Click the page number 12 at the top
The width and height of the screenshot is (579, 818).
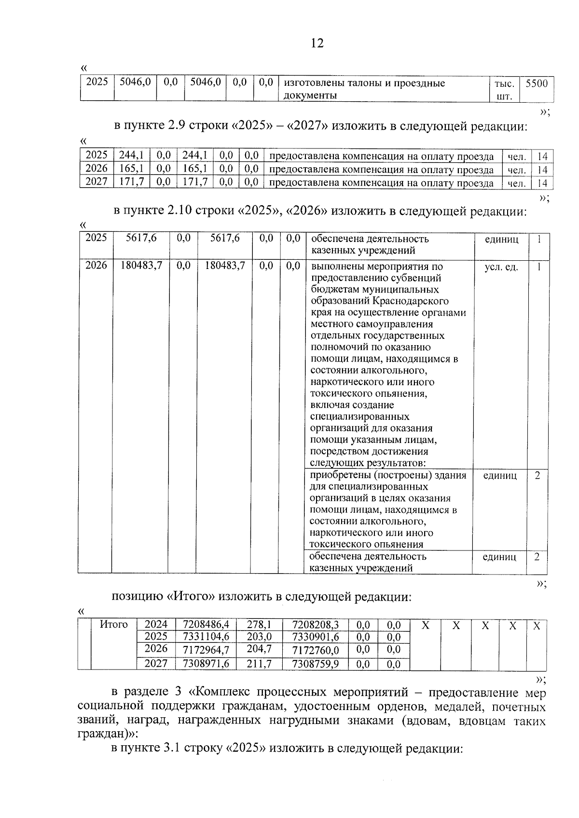(x=317, y=43)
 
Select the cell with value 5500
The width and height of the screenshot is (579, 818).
(x=537, y=83)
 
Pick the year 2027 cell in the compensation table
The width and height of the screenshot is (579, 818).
(x=96, y=182)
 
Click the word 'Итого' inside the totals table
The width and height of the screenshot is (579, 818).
(x=114, y=625)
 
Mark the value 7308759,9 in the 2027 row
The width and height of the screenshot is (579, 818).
(x=316, y=664)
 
